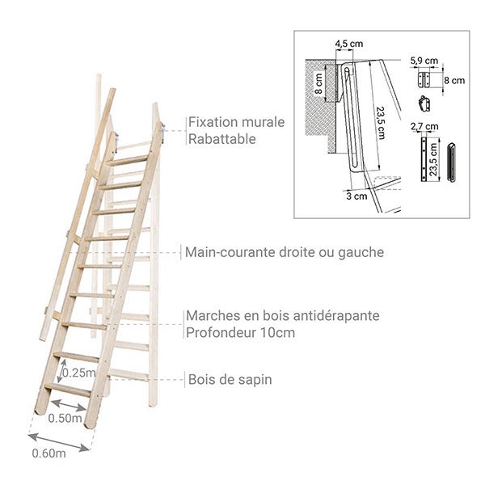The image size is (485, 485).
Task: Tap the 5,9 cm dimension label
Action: (x=424, y=60)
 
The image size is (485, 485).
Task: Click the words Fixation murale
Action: (x=235, y=122)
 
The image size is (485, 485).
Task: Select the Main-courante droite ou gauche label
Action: (x=284, y=252)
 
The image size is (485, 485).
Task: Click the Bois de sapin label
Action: (x=230, y=379)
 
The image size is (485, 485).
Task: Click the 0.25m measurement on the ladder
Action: (x=77, y=373)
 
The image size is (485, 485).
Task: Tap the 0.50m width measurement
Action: (x=65, y=418)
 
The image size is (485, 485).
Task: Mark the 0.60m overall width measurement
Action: (x=48, y=453)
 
